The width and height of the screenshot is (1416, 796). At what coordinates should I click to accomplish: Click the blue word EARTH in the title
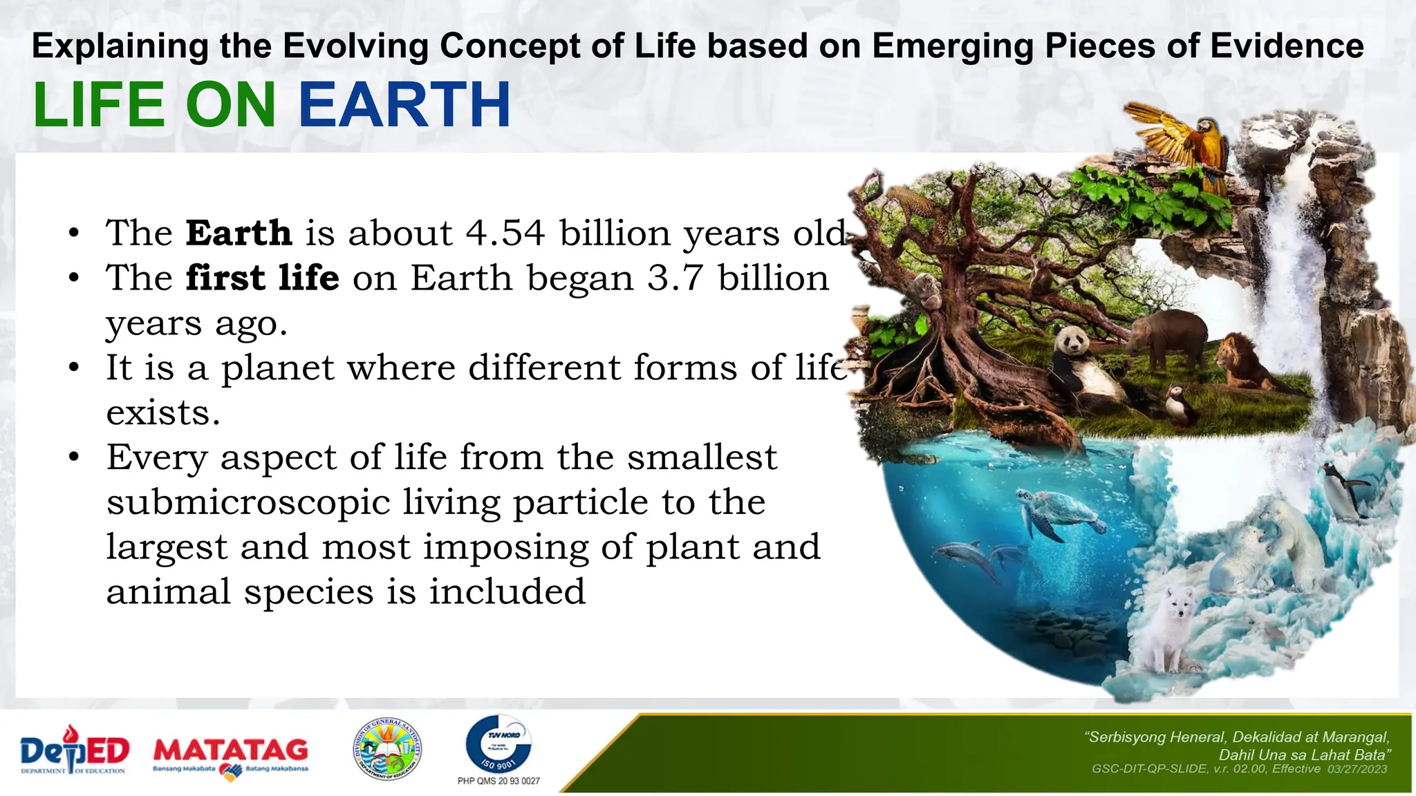(x=404, y=105)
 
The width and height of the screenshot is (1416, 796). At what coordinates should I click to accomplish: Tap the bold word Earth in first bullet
(x=239, y=233)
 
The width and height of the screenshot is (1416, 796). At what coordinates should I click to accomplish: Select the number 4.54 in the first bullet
(x=505, y=233)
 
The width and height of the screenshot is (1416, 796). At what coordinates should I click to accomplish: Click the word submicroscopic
(x=248, y=502)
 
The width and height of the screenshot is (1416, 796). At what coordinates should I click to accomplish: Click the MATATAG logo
(x=230, y=755)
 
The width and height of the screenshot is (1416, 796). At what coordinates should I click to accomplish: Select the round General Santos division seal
(x=387, y=749)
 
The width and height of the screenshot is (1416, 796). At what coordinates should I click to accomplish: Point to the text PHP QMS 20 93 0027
(x=499, y=781)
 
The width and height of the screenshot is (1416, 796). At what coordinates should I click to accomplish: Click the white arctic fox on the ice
(x=1168, y=625)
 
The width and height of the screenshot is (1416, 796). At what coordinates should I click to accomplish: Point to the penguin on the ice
(x=1345, y=491)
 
